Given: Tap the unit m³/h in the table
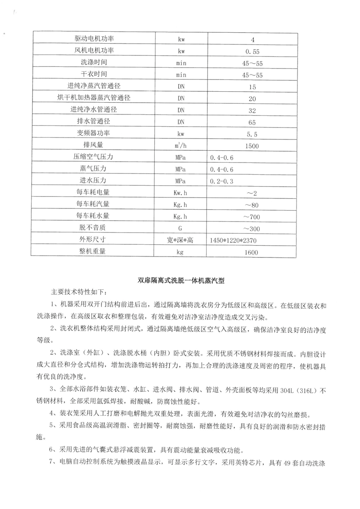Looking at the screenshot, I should coord(181,146).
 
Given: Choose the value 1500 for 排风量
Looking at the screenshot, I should coord(253,146).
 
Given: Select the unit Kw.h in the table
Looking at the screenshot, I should coord(181,193).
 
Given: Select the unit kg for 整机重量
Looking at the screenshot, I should coord(181,252).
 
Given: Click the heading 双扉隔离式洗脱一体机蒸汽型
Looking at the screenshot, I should coord(181,281).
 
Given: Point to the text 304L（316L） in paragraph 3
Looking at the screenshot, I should coord(294,389).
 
